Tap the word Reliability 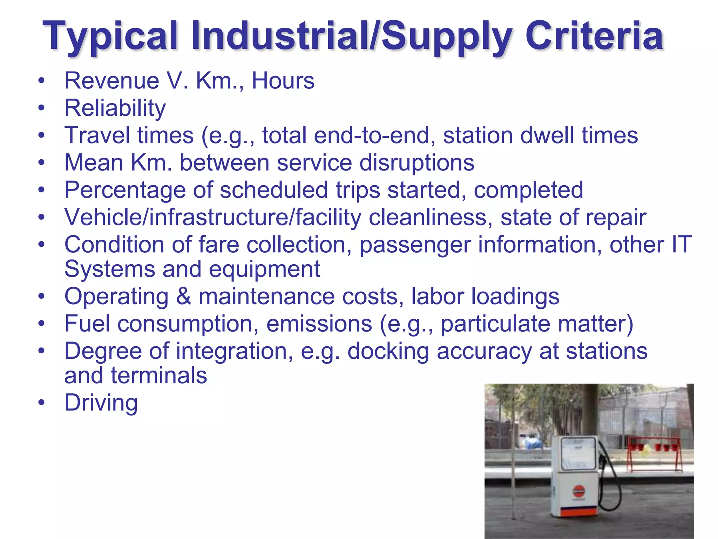[115, 108]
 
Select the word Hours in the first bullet [283, 81]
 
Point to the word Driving [101, 403]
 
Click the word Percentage [125, 190]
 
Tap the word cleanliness [428, 217]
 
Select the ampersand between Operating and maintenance [183, 297]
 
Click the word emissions [319, 324]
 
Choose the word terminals [159, 375]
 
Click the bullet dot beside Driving [42, 403]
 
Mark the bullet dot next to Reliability [42, 108]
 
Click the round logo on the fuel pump [579, 490]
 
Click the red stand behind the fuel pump [654, 453]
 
